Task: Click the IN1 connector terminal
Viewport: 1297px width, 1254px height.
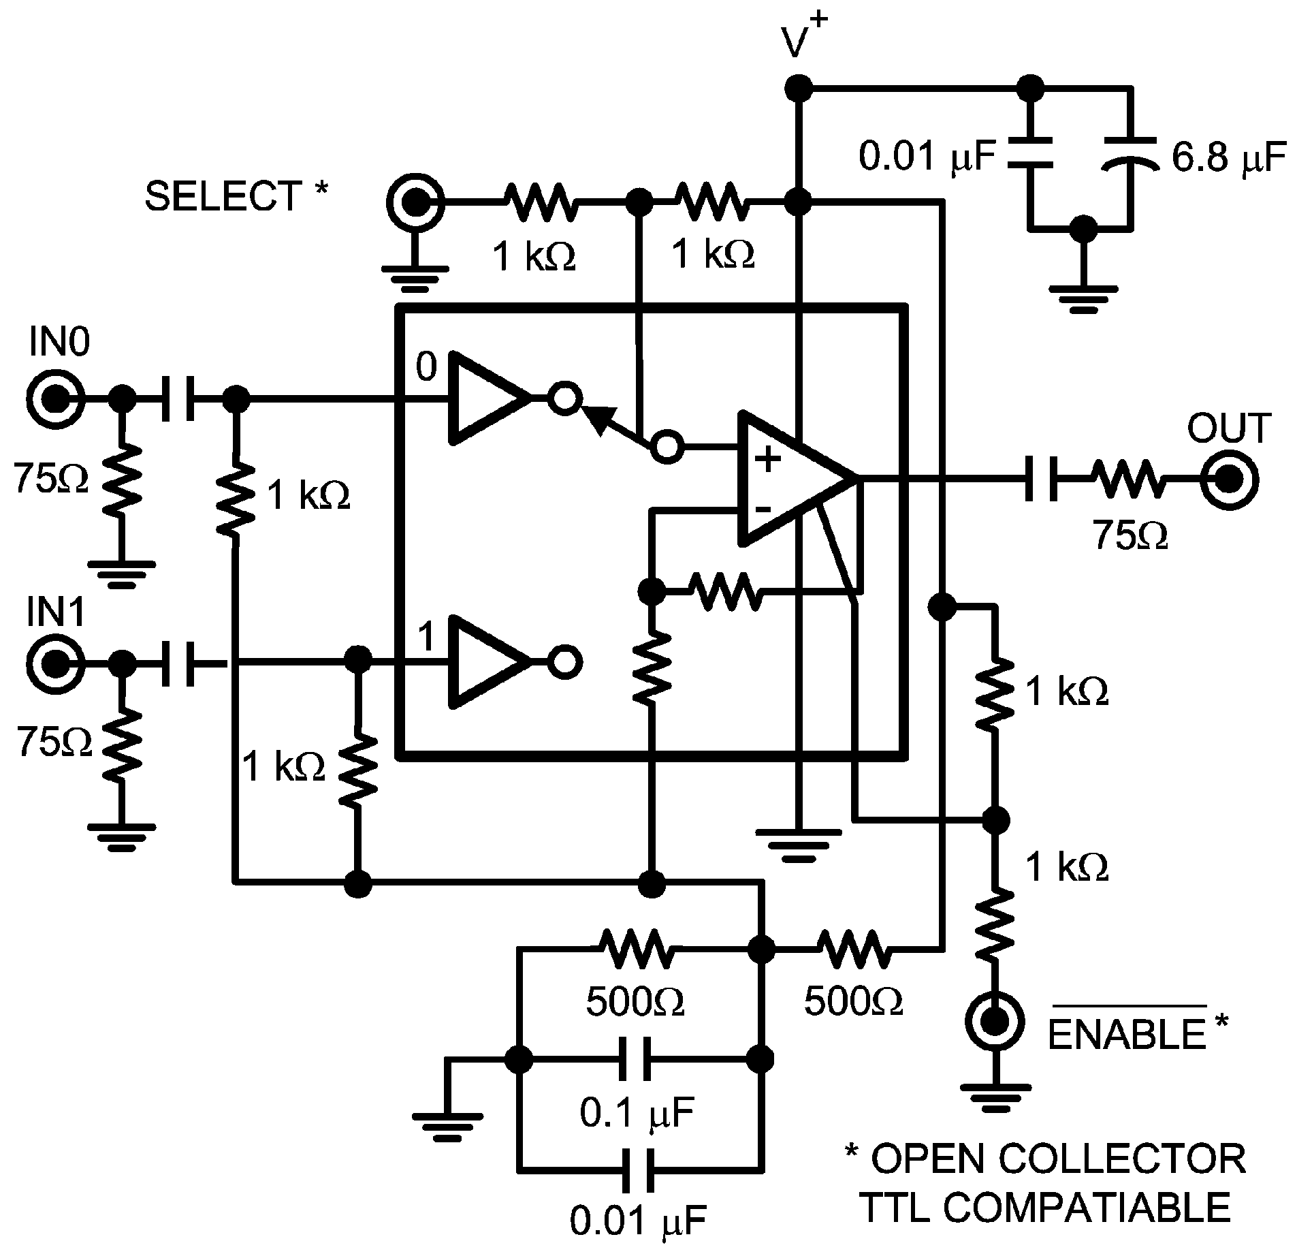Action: [56, 661]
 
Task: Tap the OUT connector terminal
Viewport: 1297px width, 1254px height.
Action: [1228, 481]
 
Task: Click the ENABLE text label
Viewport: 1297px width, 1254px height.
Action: [1127, 1034]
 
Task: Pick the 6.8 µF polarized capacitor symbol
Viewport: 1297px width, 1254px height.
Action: [1130, 153]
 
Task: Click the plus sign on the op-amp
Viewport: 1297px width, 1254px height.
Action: [769, 460]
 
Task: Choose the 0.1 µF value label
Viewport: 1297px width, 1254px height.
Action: [637, 1113]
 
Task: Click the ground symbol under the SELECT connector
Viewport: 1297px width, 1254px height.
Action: [415, 276]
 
